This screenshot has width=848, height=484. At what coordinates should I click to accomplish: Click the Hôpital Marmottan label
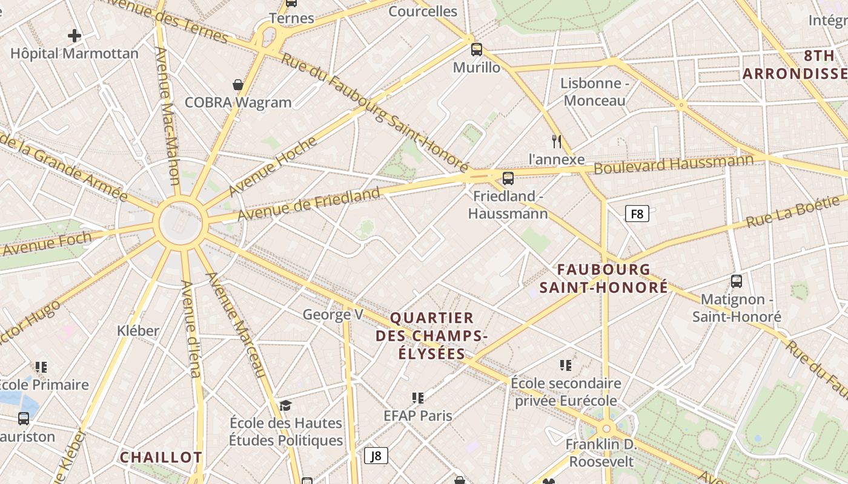tap(75, 53)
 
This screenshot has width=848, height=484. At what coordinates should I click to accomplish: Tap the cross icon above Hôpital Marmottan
tap(75, 36)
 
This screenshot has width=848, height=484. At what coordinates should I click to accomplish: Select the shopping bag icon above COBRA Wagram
tap(238, 85)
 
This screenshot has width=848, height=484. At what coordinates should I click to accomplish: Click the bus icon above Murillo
tap(477, 50)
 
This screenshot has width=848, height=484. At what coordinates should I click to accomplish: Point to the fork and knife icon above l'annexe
tap(557, 142)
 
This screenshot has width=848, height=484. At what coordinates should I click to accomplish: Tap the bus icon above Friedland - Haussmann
tap(508, 178)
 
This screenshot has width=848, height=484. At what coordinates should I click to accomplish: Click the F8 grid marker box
tap(637, 213)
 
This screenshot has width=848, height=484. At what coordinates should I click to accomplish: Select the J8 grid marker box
tap(376, 456)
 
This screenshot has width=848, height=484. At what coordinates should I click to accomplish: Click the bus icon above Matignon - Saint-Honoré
tap(737, 281)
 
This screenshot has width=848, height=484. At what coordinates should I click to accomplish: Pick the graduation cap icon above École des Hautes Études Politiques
tap(286, 405)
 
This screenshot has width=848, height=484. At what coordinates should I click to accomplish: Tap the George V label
tap(333, 315)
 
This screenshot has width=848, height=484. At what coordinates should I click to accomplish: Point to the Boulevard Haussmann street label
tap(674, 163)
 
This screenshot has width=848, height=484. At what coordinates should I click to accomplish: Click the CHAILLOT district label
tap(161, 457)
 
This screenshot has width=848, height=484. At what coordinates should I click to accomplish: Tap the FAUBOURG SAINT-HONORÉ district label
tap(604, 278)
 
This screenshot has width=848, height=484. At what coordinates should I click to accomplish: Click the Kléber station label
tap(138, 331)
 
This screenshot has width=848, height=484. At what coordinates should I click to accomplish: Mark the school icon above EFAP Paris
tap(418, 398)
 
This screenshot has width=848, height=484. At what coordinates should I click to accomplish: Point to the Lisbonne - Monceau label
tap(594, 92)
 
